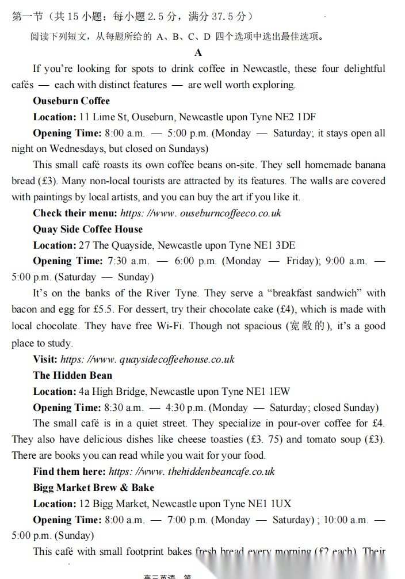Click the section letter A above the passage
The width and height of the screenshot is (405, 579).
(x=198, y=52)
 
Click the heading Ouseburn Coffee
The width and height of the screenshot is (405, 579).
(x=71, y=101)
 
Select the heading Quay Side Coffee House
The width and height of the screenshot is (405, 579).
(x=87, y=229)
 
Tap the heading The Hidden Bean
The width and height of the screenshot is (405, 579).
(x=72, y=375)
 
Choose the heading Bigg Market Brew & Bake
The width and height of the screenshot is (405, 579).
(x=94, y=487)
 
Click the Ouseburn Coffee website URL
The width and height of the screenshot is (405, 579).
(x=201, y=213)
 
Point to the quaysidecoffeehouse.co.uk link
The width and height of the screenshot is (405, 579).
(x=148, y=359)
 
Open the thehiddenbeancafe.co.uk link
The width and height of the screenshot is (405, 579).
(x=192, y=471)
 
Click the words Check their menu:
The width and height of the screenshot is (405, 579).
(x=75, y=213)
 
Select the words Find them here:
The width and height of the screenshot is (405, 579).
(x=69, y=471)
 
